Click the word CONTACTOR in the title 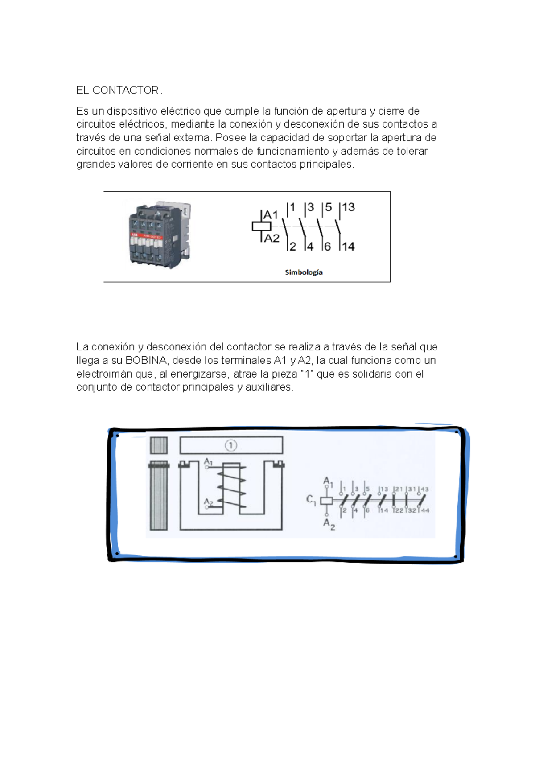coord(125,91)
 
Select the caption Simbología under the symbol coord(304,272)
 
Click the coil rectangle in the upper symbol coord(261,226)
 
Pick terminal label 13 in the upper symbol coord(348,207)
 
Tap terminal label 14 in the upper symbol coord(348,247)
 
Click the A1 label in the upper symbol coord(271,215)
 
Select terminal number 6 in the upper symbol coord(328,247)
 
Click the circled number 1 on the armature coord(230,445)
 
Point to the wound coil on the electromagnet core coord(232,487)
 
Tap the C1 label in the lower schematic coord(311,500)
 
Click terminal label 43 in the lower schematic coord(424,489)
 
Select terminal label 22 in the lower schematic coord(398,510)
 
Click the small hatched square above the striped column coord(159,445)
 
